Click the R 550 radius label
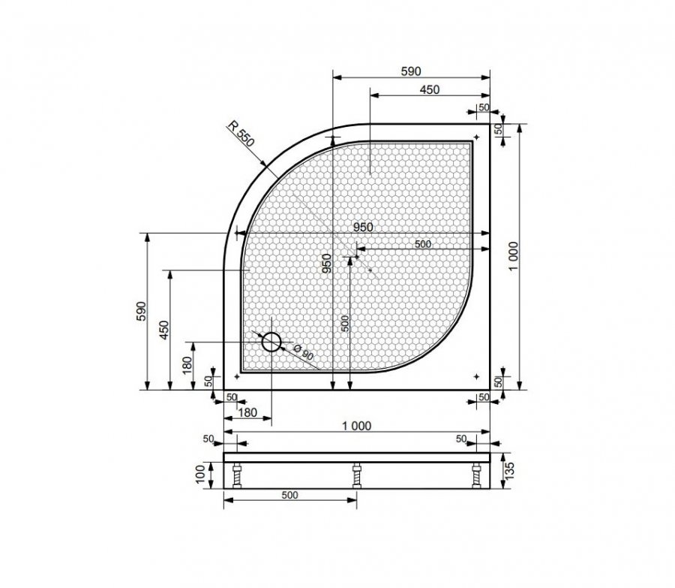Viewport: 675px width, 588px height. (x=241, y=134)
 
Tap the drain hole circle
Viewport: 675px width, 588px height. (x=271, y=342)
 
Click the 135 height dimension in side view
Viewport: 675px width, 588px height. (x=509, y=471)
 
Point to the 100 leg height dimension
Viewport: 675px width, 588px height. (x=200, y=475)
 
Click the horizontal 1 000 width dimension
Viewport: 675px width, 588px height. (x=356, y=426)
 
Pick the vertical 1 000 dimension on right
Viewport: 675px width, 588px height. (x=514, y=256)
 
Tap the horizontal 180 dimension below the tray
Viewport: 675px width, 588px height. (x=247, y=412)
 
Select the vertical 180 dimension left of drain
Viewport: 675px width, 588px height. (x=187, y=366)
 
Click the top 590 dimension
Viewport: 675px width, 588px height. (x=411, y=71)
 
